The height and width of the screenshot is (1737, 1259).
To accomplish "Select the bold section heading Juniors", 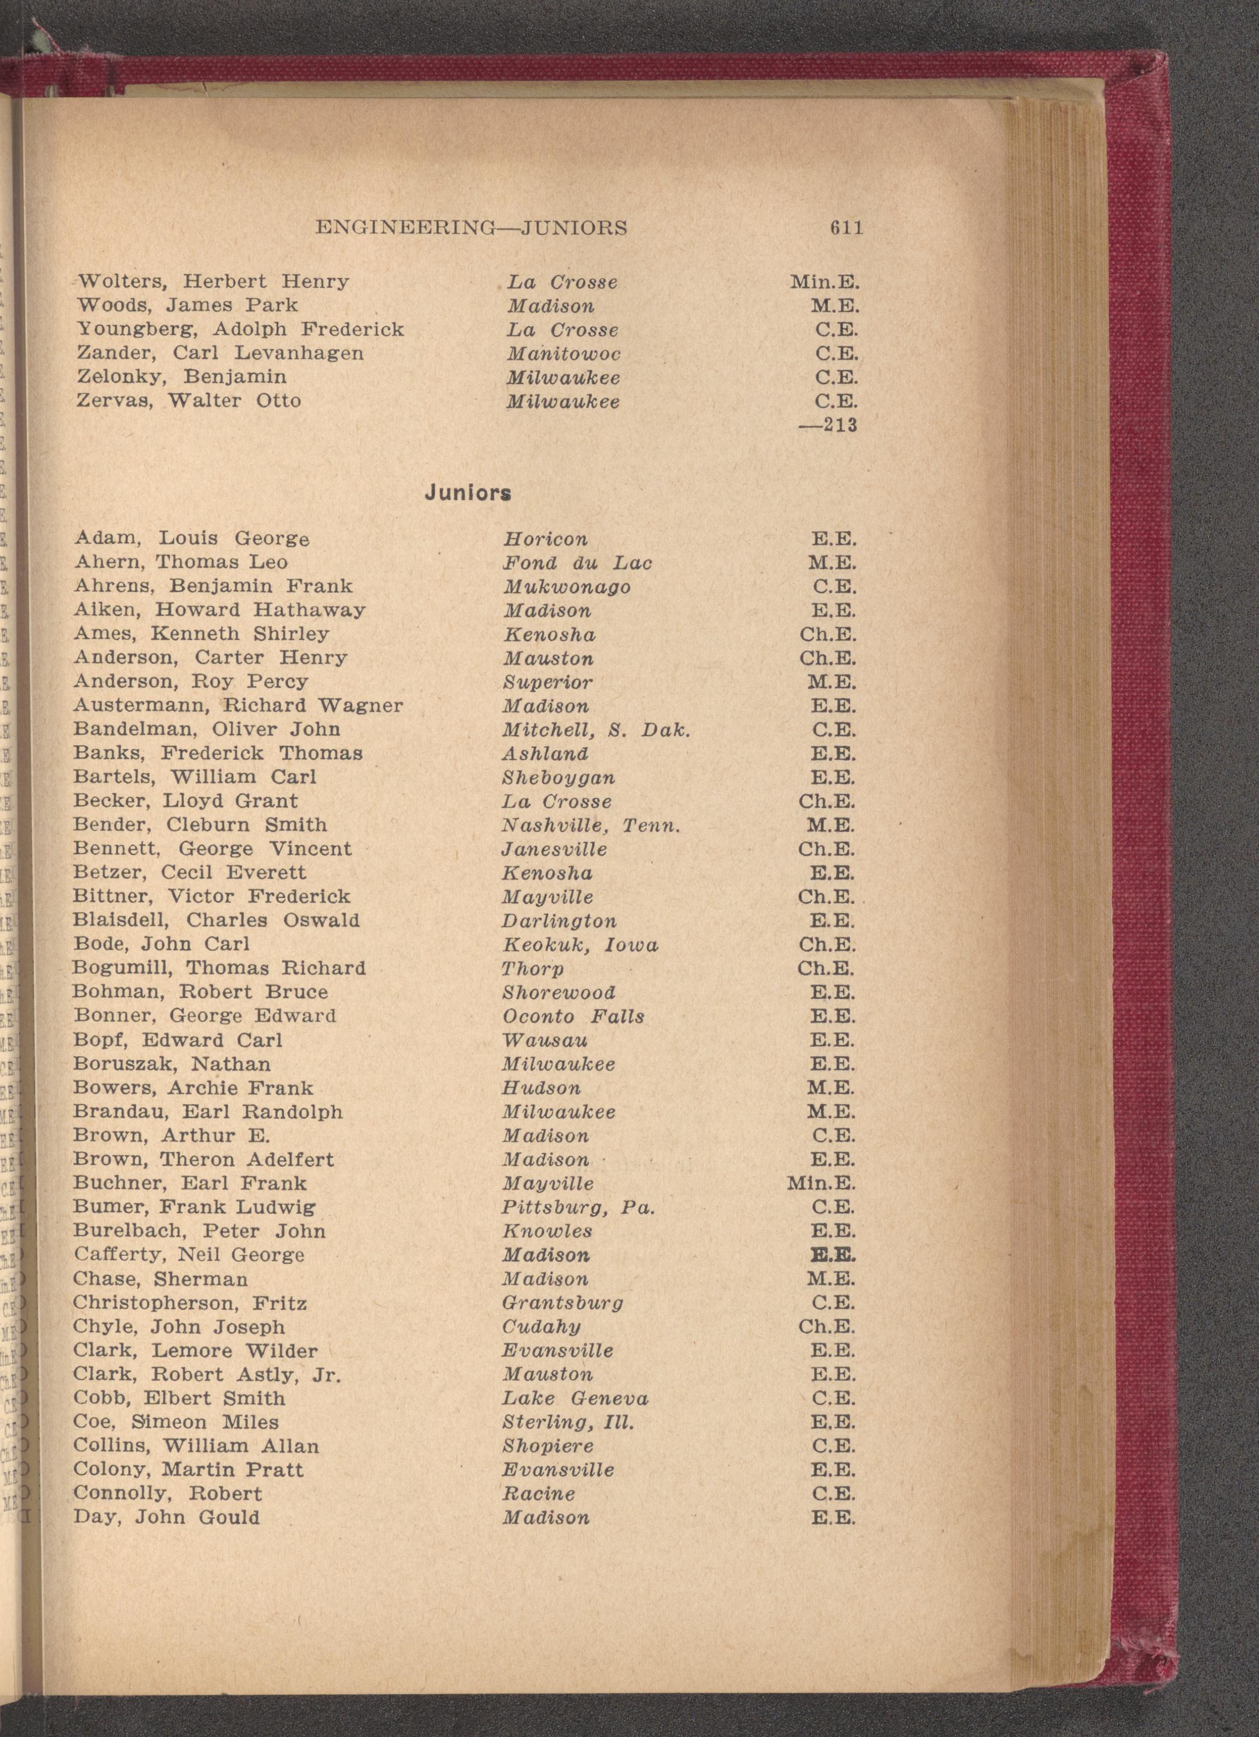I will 468,493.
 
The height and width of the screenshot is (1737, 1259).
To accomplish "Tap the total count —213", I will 828,425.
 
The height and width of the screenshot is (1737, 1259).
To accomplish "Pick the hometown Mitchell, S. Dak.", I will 596,730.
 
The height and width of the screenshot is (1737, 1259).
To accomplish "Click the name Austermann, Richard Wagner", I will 238,706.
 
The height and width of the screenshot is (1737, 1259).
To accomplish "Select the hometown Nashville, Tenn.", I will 591,825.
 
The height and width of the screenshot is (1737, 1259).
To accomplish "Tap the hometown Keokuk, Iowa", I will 579,945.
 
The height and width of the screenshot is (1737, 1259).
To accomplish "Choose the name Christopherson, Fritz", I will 190,1304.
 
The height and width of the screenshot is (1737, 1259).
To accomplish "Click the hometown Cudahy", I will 540,1327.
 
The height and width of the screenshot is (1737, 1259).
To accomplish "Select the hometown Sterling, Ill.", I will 568,1422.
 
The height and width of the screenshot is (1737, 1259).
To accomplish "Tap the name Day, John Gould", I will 166,1518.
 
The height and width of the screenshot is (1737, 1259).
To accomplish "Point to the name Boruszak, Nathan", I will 172,1065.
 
